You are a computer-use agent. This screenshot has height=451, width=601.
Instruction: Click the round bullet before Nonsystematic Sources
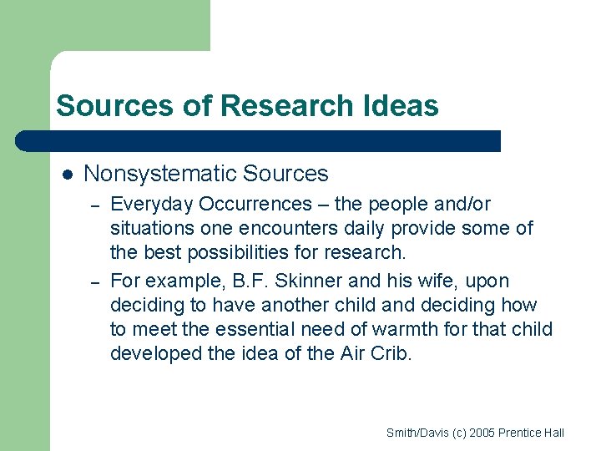coord(68,175)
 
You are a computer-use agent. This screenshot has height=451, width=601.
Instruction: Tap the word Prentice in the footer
coord(523,433)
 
